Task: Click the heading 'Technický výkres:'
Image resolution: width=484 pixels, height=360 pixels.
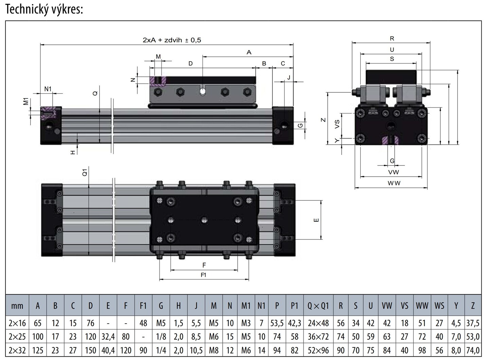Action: point(44,9)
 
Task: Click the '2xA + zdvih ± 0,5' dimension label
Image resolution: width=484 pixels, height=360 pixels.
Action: point(172,40)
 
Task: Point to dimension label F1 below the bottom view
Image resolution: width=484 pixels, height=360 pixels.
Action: point(203,275)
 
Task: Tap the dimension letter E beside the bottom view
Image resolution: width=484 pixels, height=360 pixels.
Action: point(316,220)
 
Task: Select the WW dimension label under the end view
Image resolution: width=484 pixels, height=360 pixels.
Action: point(394,183)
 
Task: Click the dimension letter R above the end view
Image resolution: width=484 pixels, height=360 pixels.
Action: point(392,39)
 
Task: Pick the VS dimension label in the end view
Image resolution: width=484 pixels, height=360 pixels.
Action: point(337,124)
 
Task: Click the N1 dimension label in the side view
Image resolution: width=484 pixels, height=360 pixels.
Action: point(48,89)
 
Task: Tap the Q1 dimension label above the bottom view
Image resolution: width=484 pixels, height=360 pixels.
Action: point(85,172)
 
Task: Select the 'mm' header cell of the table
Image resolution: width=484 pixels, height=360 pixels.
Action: point(17,306)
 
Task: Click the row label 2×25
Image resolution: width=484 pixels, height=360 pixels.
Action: point(17,337)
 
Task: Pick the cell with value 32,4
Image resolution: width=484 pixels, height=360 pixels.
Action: point(108,337)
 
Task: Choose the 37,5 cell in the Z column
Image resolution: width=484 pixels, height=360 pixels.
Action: point(472,323)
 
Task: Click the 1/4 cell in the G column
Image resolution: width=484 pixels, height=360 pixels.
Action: point(161,350)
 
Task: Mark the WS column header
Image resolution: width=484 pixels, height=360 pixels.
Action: point(439,306)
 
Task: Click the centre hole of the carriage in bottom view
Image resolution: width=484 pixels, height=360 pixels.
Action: point(204,220)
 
